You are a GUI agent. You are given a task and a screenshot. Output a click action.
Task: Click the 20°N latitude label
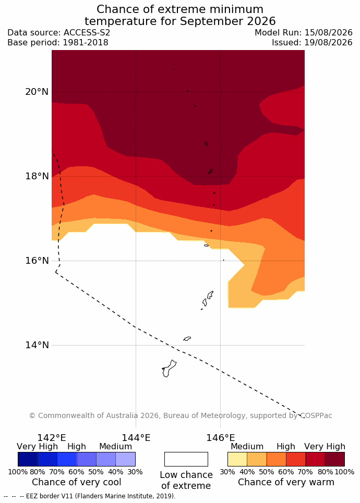tap(37, 92)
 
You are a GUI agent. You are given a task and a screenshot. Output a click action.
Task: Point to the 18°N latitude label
tap(37, 176)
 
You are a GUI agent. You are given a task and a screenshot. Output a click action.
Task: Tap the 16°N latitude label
tap(37, 261)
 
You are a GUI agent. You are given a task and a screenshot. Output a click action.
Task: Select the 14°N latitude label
tap(37, 345)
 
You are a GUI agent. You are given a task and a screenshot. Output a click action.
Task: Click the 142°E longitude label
tap(52, 437)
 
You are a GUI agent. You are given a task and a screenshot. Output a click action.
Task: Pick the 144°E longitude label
tap(136, 437)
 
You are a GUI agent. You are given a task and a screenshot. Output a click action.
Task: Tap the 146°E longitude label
tap(221, 437)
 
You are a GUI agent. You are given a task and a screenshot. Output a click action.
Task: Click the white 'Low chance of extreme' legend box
tap(186, 459)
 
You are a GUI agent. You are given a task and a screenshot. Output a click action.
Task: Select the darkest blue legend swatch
tap(28, 459)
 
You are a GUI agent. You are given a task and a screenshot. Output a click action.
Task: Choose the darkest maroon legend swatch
tap(335, 459)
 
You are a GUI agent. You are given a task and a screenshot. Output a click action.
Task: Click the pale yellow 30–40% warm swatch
tap(237, 459)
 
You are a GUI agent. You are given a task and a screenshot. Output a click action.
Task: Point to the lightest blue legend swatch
tap(126, 459)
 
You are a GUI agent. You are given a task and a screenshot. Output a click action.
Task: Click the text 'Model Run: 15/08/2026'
tap(304, 33)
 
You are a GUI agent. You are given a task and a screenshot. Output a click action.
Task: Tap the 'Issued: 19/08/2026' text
tap(312, 42)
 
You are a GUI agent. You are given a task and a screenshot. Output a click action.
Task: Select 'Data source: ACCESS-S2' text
tap(59, 33)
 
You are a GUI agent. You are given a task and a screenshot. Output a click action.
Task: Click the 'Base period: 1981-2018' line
tap(58, 42)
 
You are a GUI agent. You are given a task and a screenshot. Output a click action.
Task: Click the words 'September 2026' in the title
tap(227, 21)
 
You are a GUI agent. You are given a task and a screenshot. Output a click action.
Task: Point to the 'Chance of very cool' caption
tap(76, 482)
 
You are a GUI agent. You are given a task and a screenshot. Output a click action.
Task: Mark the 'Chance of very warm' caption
tap(286, 482)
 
